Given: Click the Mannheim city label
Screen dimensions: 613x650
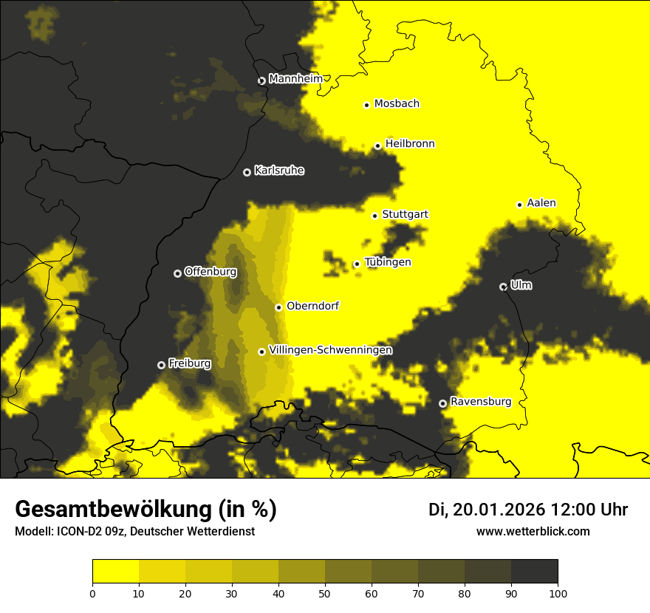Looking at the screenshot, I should coord(295,79).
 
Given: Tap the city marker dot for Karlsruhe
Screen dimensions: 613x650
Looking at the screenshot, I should coord(247,172).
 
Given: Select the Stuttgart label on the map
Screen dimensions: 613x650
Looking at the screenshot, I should coord(405,215).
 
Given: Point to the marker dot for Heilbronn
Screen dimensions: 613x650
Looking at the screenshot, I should coord(377,145).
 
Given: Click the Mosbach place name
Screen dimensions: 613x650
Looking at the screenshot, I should coord(397,104).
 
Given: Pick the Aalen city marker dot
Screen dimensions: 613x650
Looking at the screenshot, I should coord(519,205).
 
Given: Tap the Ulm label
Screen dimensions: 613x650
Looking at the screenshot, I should coord(521,285).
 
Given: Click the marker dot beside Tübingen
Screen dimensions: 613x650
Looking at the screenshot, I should coord(357,264).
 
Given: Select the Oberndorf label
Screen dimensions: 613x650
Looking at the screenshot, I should coord(312,306).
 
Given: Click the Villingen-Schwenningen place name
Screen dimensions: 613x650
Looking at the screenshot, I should coord(330,350).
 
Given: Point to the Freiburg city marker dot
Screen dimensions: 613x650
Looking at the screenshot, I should coord(161,365).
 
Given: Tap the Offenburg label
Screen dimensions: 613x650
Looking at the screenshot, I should coord(211,272).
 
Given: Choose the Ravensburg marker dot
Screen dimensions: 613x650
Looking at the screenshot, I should coord(442,403).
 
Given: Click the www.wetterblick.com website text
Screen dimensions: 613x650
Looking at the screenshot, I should coord(533,532).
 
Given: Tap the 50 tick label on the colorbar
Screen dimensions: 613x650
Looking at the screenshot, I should coord(325,592).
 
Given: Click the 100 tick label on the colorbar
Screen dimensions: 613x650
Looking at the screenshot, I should coord(557,592).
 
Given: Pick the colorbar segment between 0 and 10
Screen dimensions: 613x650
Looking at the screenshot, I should coord(116,572).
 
